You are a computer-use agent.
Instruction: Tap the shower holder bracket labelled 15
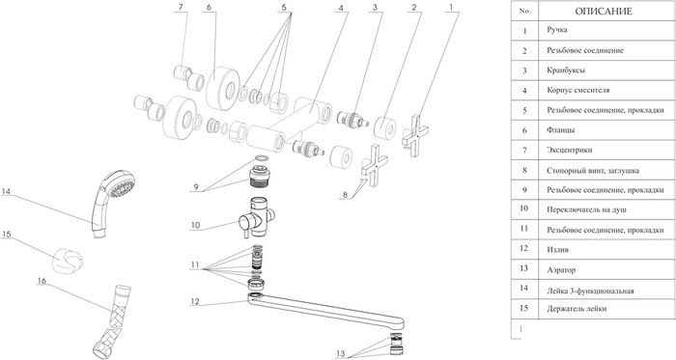68,261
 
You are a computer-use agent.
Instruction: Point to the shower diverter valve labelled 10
257,217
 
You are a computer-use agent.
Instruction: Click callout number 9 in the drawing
196,187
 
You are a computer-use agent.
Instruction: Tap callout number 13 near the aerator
341,353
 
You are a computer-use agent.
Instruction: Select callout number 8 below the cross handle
345,195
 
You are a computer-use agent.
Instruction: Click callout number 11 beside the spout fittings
195,264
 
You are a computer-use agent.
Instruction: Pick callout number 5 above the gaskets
284,8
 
